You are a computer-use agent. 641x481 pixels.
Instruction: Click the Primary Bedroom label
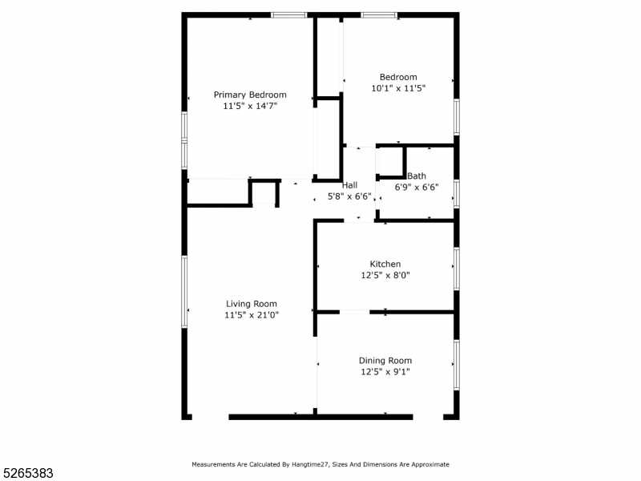coord(249,95)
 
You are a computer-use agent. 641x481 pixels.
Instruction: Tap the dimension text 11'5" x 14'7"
coord(249,105)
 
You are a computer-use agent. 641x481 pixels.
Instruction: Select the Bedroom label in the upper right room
coord(398,77)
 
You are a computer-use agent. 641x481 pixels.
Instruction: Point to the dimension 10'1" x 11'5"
coord(398,88)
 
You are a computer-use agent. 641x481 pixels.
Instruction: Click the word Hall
coord(350,185)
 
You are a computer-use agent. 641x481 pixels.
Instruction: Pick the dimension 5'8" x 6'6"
coord(350,196)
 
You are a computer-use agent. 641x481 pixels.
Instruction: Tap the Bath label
coord(417,176)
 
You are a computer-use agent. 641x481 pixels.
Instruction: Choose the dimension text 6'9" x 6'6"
coord(417,187)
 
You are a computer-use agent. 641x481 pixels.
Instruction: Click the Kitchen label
coord(385,264)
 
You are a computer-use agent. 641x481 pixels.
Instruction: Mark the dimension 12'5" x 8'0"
coord(385,275)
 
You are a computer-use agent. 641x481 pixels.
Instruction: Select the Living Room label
coord(251,304)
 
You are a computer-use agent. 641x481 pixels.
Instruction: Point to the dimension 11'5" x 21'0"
coord(251,315)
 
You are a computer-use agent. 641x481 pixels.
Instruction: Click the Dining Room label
coord(385,361)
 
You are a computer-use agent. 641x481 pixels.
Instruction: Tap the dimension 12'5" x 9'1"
coord(385,372)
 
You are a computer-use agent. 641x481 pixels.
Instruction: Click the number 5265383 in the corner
coord(27,473)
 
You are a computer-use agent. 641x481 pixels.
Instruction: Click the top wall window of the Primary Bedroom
coord(288,14)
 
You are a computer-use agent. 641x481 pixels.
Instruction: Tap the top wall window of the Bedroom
coord(378,14)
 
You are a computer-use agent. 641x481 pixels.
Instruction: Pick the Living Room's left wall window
coord(184,291)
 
